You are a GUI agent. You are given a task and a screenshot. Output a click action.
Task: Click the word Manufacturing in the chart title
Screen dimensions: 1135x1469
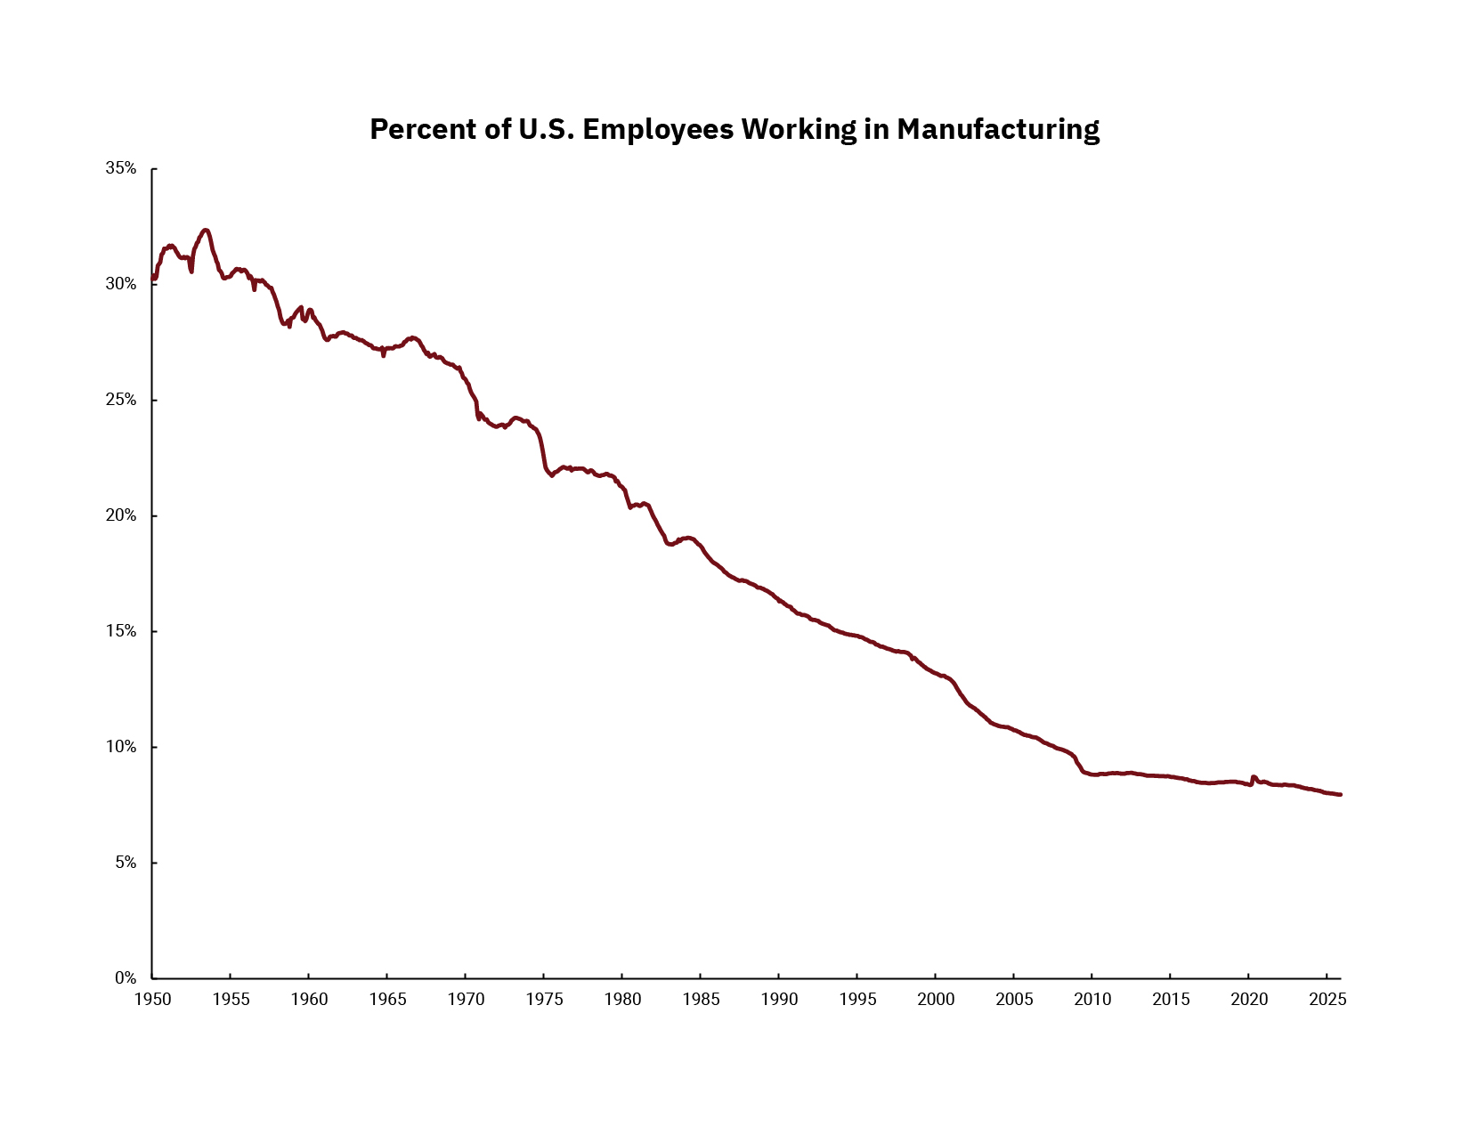pyautogui.click(x=998, y=130)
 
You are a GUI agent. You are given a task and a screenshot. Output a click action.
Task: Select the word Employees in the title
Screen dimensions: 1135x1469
pyautogui.click(x=659, y=130)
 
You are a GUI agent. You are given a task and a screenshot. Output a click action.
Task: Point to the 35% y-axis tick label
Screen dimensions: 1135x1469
pyautogui.click(x=121, y=168)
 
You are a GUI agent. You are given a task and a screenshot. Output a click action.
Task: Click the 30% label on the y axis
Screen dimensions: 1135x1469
pyautogui.click(x=121, y=284)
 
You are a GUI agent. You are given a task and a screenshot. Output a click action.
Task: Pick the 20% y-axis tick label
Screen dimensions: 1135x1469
pyautogui.click(x=121, y=515)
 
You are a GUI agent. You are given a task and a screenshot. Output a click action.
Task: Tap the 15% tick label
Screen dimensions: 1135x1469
pyautogui.click(x=121, y=631)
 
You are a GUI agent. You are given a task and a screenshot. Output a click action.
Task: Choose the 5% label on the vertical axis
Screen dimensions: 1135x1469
pyautogui.click(x=125, y=863)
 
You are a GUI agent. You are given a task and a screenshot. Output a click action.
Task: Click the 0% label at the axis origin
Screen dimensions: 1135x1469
pyautogui.click(x=125, y=977)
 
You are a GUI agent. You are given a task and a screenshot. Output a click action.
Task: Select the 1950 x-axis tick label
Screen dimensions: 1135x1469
pyautogui.click(x=152, y=999)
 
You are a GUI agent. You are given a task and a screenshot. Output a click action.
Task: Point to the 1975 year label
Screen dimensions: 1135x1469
pyautogui.click(x=544, y=999)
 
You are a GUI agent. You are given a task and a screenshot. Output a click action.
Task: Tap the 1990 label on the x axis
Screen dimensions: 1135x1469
pyautogui.click(x=779, y=999)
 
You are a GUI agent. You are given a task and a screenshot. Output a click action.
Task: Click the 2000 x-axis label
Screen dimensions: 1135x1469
pyautogui.click(x=936, y=999)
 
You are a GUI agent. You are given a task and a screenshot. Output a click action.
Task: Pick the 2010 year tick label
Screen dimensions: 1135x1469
pyautogui.click(x=1092, y=999)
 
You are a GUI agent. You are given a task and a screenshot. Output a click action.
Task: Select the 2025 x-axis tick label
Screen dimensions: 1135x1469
pyautogui.click(x=1327, y=999)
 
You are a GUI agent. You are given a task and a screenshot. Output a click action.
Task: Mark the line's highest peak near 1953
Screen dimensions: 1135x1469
pyautogui.click(x=206, y=230)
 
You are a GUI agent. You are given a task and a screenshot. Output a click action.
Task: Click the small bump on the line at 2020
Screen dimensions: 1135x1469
pyautogui.click(x=1254, y=777)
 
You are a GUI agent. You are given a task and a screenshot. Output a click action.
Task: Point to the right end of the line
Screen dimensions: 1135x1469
pyautogui.click(x=1340, y=794)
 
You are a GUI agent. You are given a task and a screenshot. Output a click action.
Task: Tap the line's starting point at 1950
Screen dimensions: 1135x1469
pyautogui.click(x=153, y=277)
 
